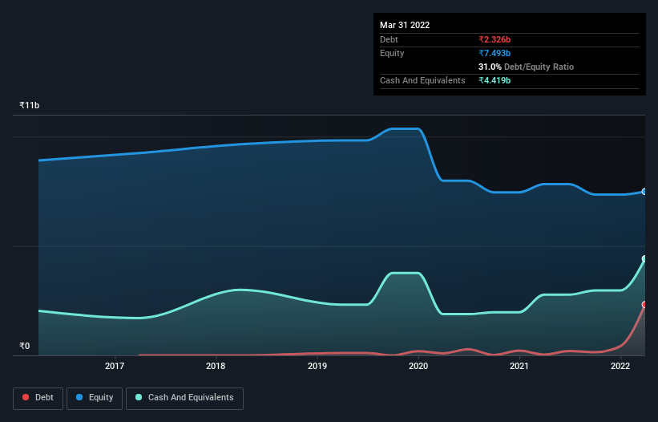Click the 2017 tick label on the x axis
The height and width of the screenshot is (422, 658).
tap(115, 367)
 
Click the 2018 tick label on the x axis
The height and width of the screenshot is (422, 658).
tap(216, 367)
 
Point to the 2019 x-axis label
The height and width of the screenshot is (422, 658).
tap(317, 367)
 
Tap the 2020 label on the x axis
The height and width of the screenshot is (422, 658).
tap(418, 367)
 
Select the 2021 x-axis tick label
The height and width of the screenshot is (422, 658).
tap(519, 367)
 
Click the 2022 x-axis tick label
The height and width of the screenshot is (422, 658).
tap(620, 367)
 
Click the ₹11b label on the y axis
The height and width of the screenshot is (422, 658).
tap(30, 106)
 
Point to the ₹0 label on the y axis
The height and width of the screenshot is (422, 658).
tap(24, 347)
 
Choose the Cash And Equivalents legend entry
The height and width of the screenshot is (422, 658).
tap(185, 398)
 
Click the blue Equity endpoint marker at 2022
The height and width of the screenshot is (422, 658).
tap(644, 192)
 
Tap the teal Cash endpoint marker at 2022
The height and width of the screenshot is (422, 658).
tap(644, 259)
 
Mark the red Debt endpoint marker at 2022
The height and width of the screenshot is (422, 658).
tap(644, 305)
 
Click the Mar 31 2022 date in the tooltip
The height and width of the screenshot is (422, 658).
tap(405, 25)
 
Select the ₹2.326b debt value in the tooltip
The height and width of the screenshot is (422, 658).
tap(495, 39)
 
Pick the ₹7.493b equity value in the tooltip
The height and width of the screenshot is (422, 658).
tap(495, 53)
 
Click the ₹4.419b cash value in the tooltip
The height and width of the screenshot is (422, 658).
tap(495, 80)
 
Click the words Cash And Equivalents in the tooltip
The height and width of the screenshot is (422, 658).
tap(422, 80)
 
